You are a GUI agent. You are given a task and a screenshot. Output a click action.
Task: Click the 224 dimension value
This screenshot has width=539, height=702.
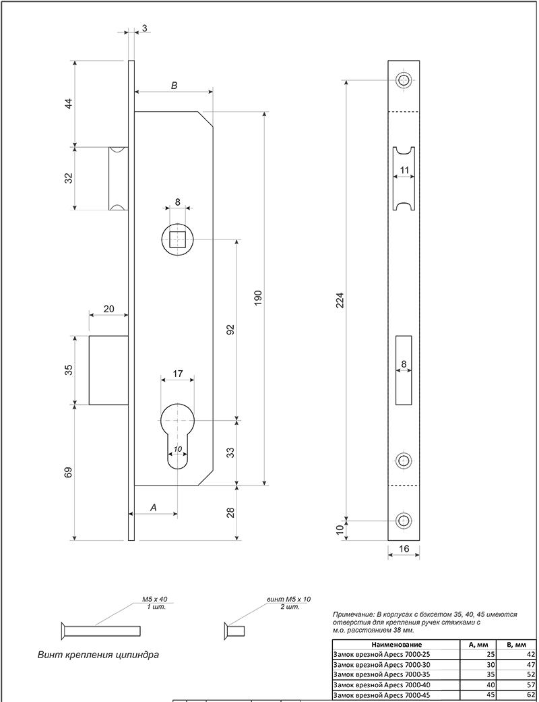tap(340, 299)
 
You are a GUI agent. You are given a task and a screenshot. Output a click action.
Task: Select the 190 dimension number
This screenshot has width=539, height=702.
tap(257, 297)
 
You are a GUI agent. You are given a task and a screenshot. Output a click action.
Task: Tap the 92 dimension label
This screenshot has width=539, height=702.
tap(230, 330)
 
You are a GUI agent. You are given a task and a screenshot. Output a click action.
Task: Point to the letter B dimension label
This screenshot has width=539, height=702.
tap(175, 86)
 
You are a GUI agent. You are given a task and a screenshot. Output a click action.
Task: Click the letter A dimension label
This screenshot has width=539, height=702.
tap(154, 508)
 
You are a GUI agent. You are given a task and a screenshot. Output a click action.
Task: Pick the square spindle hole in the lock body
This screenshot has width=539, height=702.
tap(178, 239)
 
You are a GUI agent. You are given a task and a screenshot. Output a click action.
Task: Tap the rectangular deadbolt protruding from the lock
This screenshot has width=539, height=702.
tap(108, 370)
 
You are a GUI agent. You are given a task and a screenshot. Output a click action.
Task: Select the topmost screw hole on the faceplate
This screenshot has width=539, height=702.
tap(404, 81)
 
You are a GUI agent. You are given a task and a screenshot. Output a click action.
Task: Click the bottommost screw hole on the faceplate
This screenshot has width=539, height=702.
tap(404, 521)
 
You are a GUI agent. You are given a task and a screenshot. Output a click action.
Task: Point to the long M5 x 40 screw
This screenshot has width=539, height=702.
tap(100, 631)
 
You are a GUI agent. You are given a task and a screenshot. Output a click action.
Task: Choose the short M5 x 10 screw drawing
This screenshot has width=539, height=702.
tap(234, 631)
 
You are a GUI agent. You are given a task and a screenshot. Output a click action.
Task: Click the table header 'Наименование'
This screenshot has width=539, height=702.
tap(396, 645)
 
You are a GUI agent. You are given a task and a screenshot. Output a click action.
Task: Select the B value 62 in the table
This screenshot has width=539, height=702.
tap(530, 695)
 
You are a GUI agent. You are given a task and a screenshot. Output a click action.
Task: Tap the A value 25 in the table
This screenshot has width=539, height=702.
tap(490, 655)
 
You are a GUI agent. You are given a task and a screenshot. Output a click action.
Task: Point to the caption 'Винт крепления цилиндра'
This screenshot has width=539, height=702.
tap(98, 655)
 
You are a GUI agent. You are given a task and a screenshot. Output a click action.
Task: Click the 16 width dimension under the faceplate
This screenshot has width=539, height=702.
tap(404, 548)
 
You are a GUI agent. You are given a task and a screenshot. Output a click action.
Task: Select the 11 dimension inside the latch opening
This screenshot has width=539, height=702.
tap(404, 170)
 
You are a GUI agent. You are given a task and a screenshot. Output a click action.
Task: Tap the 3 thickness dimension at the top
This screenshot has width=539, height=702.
tap(144, 28)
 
